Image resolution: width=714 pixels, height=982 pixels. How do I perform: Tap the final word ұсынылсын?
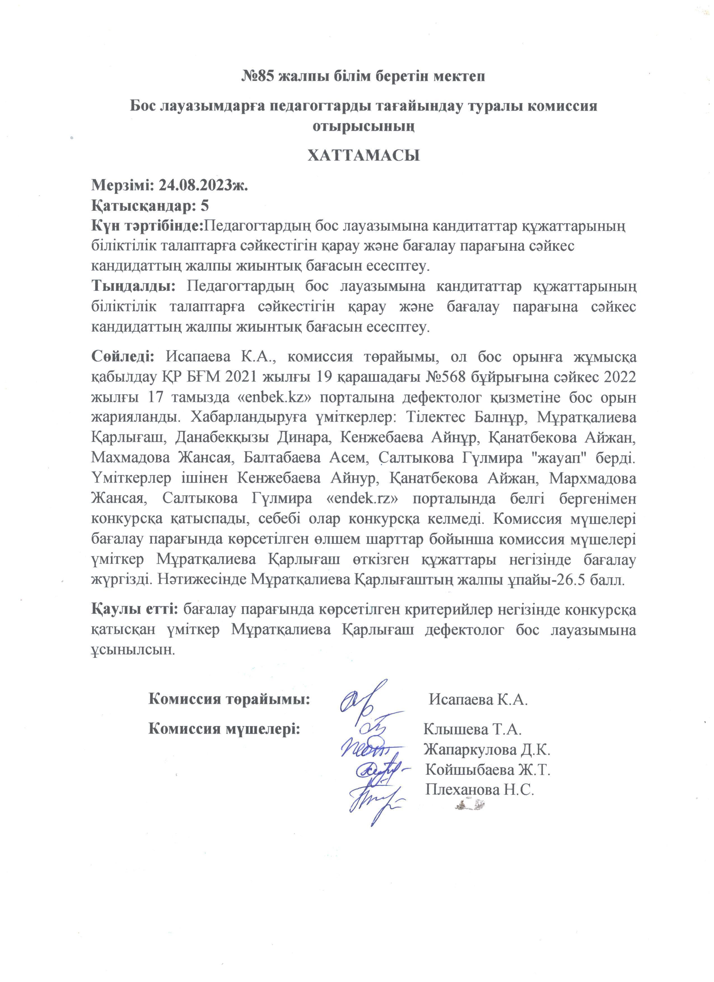133,650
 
